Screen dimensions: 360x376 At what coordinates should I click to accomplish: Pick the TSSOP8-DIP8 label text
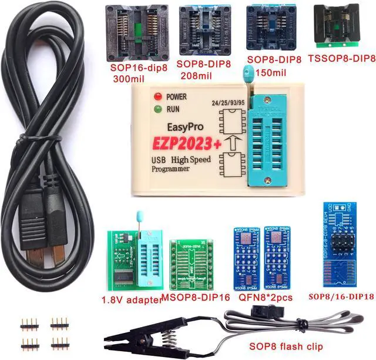(x=341, y=58)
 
